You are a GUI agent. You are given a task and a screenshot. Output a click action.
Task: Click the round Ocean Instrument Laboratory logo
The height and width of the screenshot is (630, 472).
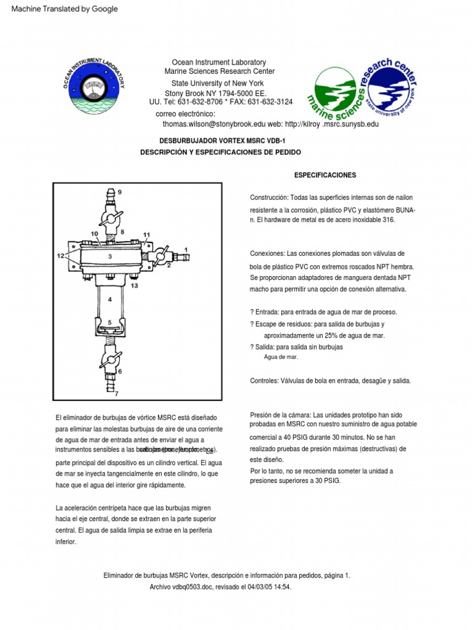point(93,84)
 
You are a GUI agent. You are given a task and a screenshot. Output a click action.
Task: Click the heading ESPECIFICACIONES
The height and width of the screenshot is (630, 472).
point(325,175)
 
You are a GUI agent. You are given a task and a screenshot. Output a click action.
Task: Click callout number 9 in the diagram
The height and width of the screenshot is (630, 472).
point(120,192)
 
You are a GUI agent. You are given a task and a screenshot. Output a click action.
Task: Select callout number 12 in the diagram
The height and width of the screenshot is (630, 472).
point(61,255)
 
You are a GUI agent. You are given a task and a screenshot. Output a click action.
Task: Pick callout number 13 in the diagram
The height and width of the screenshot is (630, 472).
point(134,286)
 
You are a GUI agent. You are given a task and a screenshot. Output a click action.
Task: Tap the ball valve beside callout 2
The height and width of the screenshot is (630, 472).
point(160,255)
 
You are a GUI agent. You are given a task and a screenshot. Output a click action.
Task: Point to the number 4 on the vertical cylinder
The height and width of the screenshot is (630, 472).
point(110,300)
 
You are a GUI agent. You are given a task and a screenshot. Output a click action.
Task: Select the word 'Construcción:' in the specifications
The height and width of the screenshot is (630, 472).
point(269,198)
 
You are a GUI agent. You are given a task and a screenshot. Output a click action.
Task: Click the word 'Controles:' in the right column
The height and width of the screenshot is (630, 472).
point(265,381)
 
